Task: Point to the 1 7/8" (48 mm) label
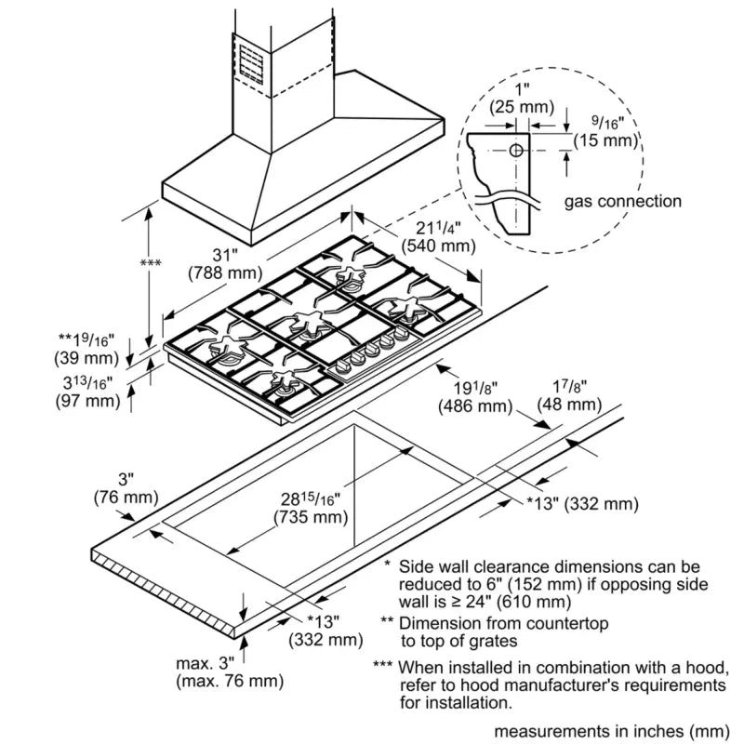pyautogui.click(x=569, y=395)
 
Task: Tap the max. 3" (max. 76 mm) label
pyautogui.click(x=228, y=672)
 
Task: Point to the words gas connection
pyautogui.click(x=622, y=201)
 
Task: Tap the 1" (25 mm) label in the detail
pyautogui.click(x=523, y=98)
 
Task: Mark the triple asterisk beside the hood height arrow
pyautogui.click(x=150, y=264)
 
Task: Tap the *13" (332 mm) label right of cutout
pyautogui.click(x=582, y=504)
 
